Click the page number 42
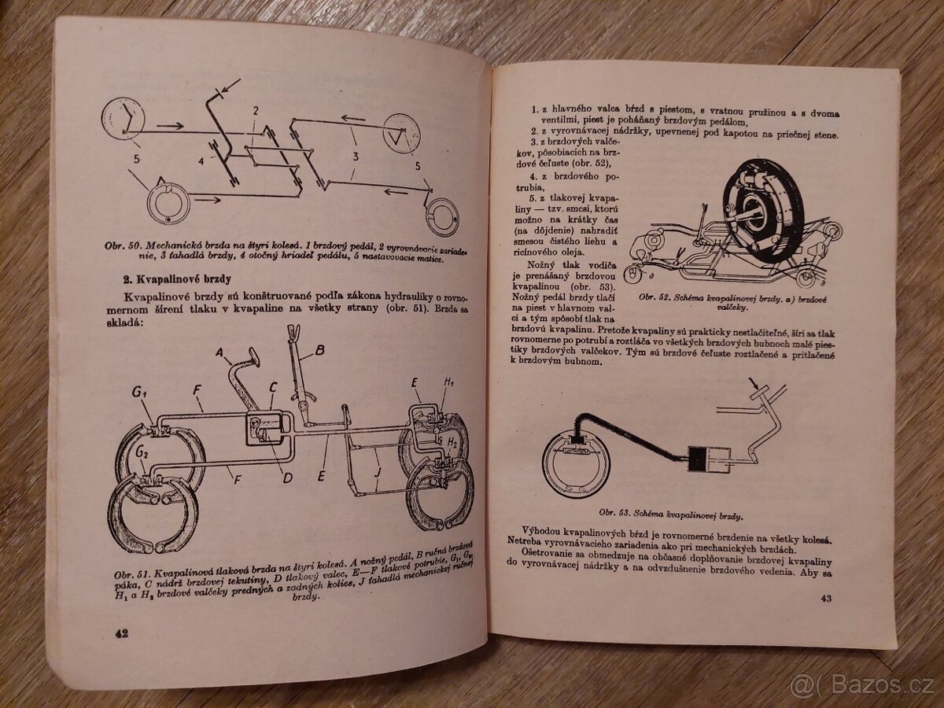(x=121, y=633)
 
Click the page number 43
(x=825, y=601)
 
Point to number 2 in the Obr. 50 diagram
(x=255, y=111)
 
